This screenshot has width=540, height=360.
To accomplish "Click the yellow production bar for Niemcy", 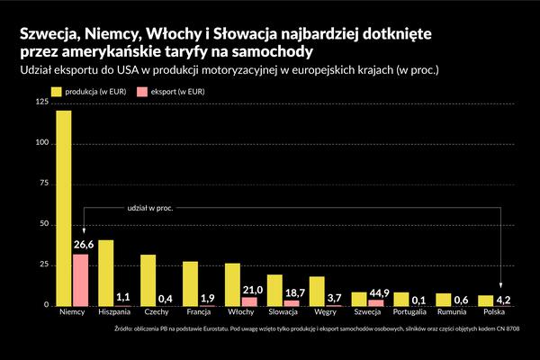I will point(63,208).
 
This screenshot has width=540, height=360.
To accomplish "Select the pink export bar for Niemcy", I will point(80,280).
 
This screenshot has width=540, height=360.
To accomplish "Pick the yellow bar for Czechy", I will point(148,280).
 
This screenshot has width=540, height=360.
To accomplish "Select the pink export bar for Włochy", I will point(249,301).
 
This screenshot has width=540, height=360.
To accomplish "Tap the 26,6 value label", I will point(83,245).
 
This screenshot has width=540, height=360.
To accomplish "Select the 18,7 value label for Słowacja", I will point(292,294).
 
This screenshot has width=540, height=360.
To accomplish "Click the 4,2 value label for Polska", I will point(503,300).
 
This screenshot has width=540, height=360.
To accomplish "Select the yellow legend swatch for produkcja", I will point(56,91).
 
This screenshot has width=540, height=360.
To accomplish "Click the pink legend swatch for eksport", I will point(141,91).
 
